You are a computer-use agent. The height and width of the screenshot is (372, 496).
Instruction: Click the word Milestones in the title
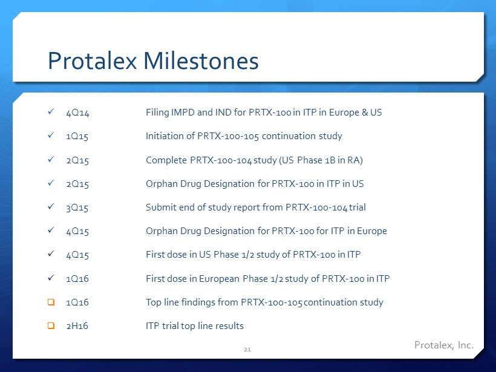pyautogui.click(x=201, y=60)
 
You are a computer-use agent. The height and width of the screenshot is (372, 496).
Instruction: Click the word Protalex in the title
pyautogui.click(x=93, y=60)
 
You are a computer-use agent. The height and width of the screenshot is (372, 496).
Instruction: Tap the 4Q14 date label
pyautogui.click(x=78, y=113)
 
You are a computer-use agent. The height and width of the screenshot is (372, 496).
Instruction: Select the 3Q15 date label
pyautogui.click(x=77, y=207)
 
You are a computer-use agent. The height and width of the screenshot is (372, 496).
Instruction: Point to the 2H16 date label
pyautogui.click(x=77, y=326)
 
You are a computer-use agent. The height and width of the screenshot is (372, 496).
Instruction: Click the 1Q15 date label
pyautogui.click(x=77, y=136)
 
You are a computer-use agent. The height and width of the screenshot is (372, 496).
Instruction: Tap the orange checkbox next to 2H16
pyautogui.click(x=51, y=325)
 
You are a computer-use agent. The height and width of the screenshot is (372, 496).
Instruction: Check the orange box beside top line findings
pyautogui.click(x=51, y=302)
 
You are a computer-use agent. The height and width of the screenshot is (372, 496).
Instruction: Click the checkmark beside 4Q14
pyautogui.click(x=51, y=111)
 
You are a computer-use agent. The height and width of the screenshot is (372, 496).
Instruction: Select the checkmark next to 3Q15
pyautogui.click(x=51, y=206)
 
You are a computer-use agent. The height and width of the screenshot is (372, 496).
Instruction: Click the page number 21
pyautogui.click(x=247, y=350)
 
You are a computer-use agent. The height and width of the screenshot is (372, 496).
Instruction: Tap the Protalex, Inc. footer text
pyautogui.click(x=444, y=345)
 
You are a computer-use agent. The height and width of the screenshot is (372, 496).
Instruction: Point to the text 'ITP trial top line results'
pyautogui.click(x=195, y=326)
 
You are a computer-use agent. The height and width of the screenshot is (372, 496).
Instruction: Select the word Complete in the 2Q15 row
pyautogui.click(x=166, y=160)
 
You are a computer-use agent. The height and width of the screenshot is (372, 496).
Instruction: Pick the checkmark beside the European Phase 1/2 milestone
pyautogui.click(x=51, y=278)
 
